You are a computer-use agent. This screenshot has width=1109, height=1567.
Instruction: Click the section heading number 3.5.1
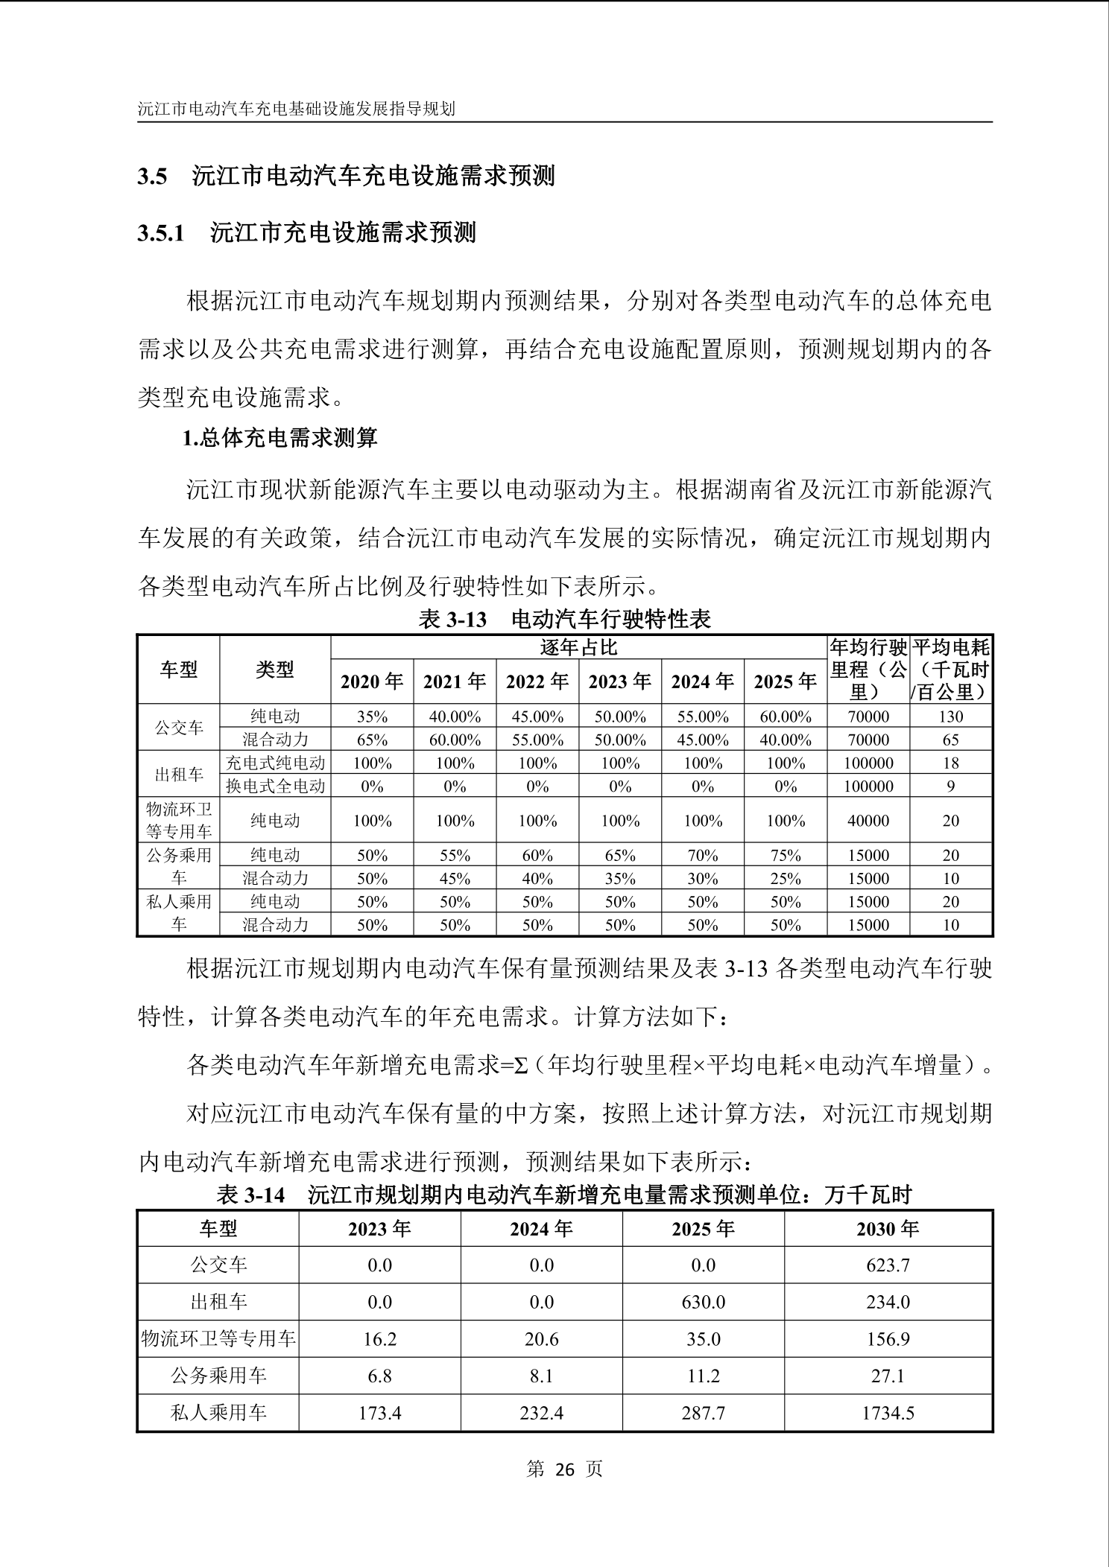[x=160, y=233]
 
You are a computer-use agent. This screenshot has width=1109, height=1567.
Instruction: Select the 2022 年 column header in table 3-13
[x=537, y=681]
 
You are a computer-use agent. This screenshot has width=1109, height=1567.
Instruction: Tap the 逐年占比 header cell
[x=578, y=647]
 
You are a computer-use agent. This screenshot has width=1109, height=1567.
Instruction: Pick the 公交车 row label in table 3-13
[x=179, y=728]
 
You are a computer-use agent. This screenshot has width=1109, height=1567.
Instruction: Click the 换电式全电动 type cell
[x=275, y=786]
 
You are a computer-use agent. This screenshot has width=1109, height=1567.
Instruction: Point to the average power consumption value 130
[x=950, y=716]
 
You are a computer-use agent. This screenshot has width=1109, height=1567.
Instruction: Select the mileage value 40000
[x=868, y=821]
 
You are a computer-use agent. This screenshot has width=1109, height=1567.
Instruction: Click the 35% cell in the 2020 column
[x=372, y=716]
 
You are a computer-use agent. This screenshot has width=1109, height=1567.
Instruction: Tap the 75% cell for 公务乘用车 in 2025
[x=786, y=855]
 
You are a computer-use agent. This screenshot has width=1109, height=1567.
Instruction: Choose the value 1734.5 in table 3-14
[x=888, y=1413]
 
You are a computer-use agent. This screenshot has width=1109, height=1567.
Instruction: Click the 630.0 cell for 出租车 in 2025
[x=703, y=1302]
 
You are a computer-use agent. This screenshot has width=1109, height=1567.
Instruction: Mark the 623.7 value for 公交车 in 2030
[x=888, y=1265]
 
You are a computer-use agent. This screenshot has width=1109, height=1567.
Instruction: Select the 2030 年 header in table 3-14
[x=888, y=1228]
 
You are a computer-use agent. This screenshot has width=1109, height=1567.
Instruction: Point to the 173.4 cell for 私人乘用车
[x=379, y=1413]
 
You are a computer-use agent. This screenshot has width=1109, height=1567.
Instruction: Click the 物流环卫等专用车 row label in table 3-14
[x=218, y=1339]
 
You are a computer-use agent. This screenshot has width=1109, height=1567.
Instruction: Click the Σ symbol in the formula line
[x=520, y=1066]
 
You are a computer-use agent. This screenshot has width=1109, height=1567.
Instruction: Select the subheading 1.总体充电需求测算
[x=280, y=437]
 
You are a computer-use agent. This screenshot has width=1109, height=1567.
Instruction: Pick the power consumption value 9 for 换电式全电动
[x=950, y=786]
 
